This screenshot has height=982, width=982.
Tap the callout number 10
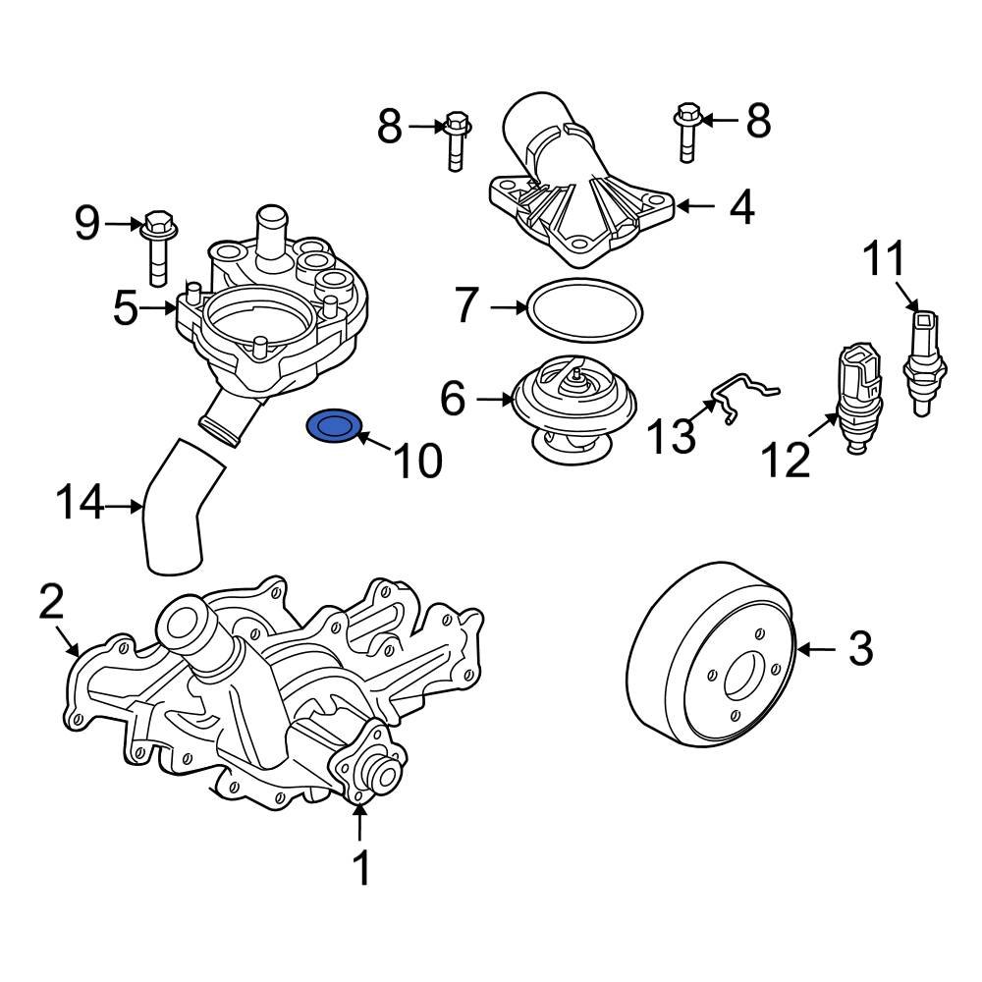click(417, 460)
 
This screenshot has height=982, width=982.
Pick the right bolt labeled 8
click(686, 131)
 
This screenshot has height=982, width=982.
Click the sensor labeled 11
click(924, 359)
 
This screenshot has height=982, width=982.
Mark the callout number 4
click(741, 208)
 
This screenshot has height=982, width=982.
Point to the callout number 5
click(125, 308)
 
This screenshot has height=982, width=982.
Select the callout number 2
click(51, 602)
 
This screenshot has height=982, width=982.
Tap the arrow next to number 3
click(817, 649)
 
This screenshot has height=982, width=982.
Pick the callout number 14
click(79, 505)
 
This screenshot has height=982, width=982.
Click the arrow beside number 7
click(509, 307)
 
